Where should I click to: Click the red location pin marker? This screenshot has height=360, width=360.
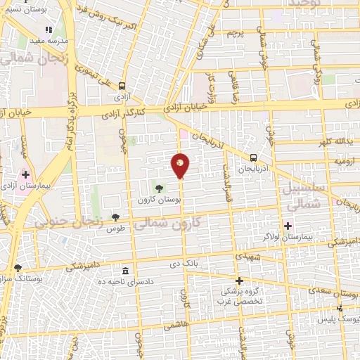tap(180, 165)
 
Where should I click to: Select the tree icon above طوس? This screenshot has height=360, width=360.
tap(115, 218)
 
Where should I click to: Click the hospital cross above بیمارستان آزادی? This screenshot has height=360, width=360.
tap(26, 174)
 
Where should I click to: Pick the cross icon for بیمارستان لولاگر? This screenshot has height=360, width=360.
tap(287, 225)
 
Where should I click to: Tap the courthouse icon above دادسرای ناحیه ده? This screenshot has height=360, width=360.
tap(126, 271)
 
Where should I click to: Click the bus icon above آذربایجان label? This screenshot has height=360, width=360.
tap(253, 158)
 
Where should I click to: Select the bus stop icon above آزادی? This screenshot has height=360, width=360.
tap(122, 82)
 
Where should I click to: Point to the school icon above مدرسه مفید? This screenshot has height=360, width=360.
tap(49, 30)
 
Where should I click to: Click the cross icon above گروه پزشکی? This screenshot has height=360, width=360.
tap(239, 280)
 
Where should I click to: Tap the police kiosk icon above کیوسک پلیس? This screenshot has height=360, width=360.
tap(340, 308)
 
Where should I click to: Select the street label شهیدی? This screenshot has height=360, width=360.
tap(248, 257)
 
